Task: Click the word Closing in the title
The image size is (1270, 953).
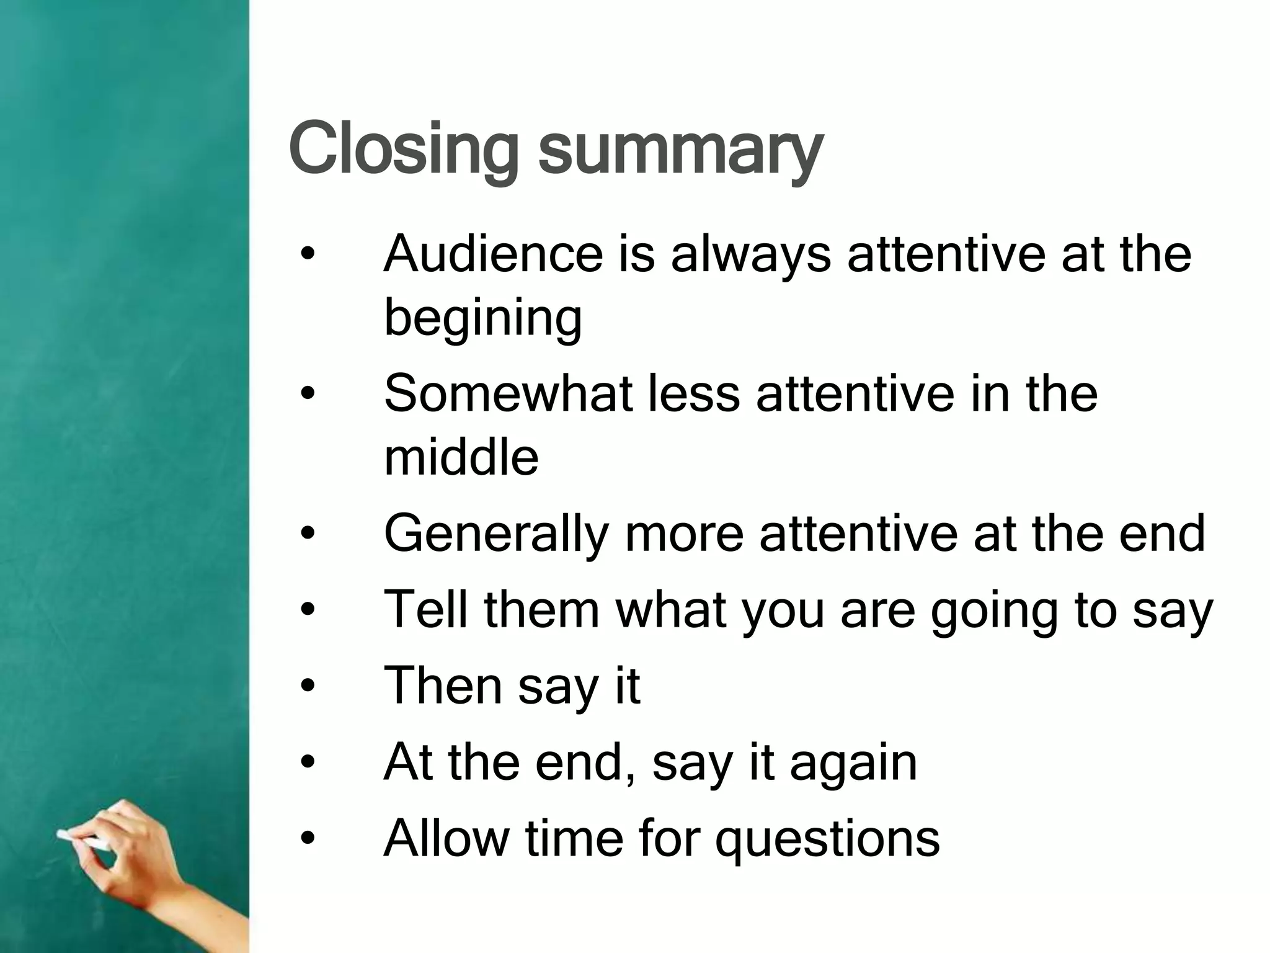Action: pos(402,149)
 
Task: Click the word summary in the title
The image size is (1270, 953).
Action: pos(680,152)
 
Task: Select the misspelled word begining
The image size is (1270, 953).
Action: pos(483,318)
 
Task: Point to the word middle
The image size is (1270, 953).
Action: pos(461,457)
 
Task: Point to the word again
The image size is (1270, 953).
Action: pos(853,763)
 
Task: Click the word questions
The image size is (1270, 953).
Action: pos(828,840)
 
